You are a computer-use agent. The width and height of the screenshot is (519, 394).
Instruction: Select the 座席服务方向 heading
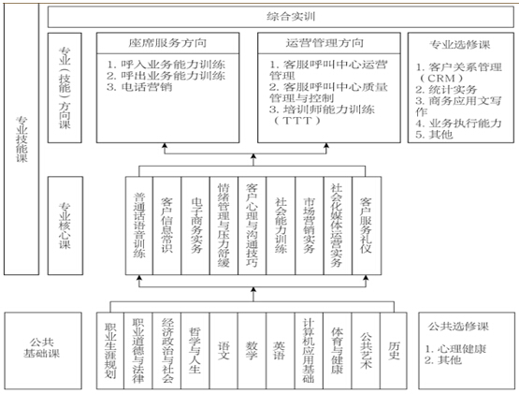(x=167, y=44)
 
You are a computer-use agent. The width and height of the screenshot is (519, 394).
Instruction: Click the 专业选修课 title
(x=460, y=44)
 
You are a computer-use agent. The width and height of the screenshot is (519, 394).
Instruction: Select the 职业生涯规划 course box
(x=110, y=347)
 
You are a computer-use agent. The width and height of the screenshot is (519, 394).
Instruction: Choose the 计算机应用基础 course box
(x=309, y=347)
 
